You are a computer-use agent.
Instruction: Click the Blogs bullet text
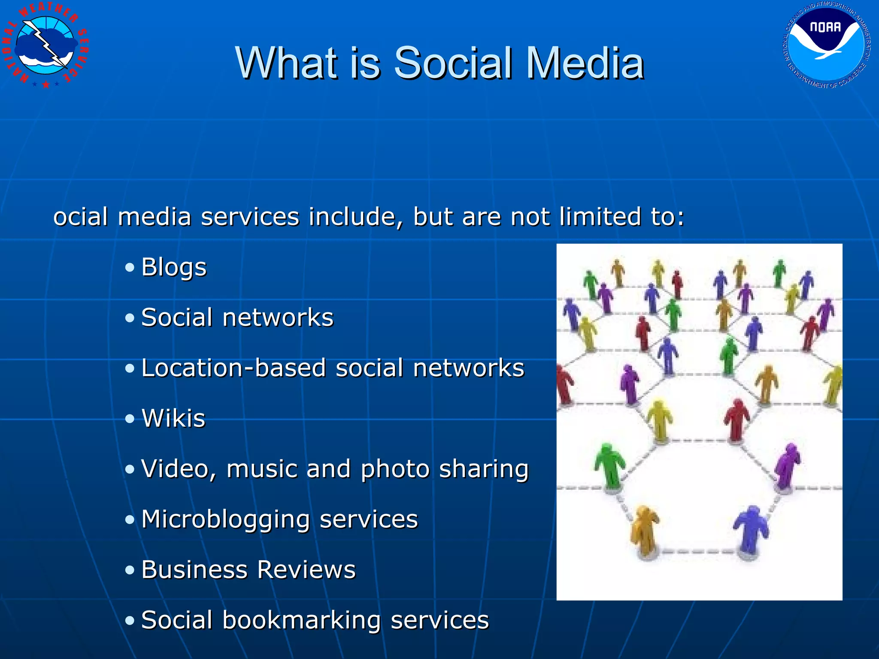[174, 268]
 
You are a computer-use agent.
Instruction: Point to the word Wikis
[174, 418]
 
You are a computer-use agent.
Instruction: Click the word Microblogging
[225, 520]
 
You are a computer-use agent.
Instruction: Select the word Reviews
[306, 570]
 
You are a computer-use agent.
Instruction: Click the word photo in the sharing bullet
[395, 469]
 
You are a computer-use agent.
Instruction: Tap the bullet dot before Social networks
[130, 318]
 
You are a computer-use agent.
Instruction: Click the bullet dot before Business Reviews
[130, 570]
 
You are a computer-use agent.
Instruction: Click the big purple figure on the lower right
[788, 466]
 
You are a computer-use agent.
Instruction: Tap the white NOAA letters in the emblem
[825, 27]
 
